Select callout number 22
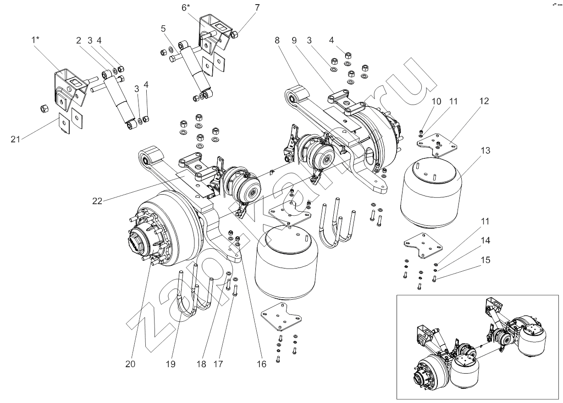98,200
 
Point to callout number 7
257,8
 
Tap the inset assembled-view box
477,347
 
